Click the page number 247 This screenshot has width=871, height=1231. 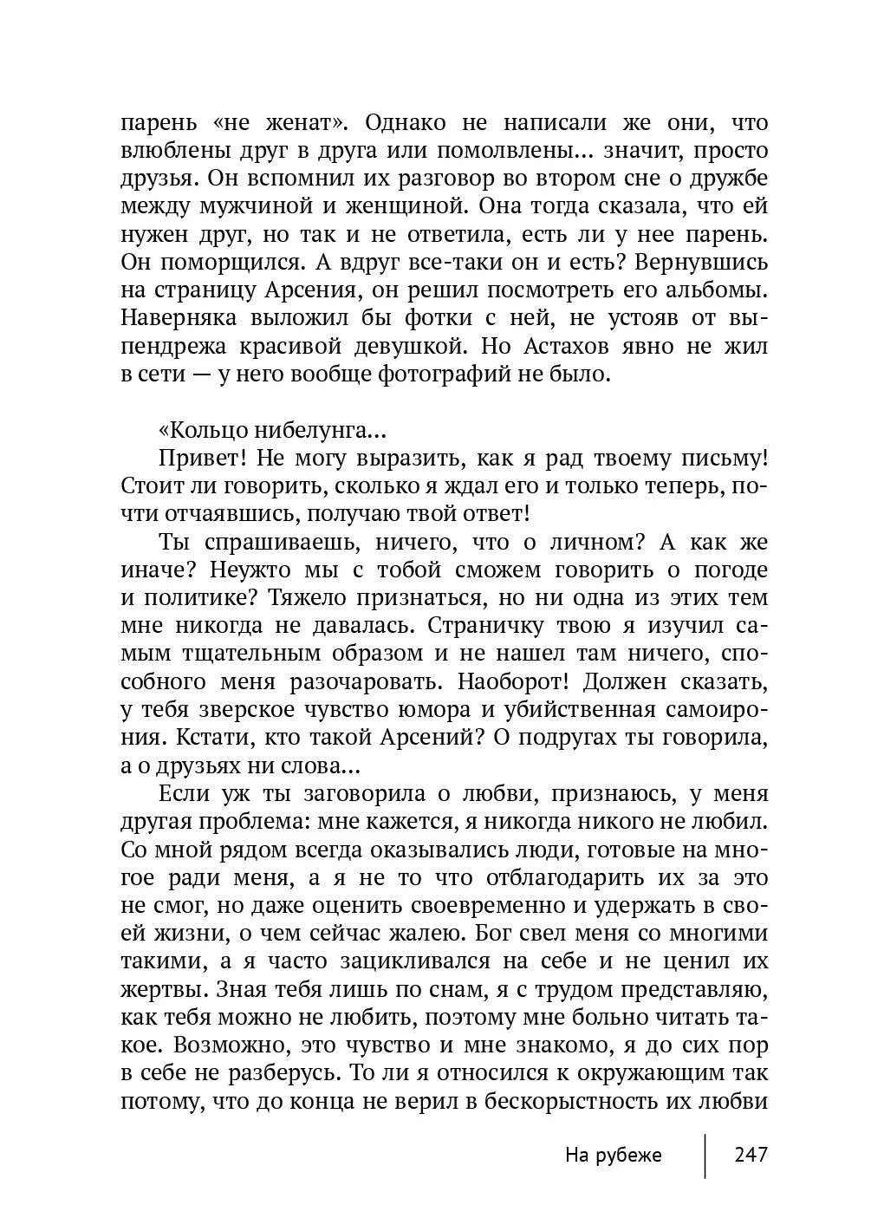pos(751,1155)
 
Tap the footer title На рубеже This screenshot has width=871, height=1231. pos(613,1155)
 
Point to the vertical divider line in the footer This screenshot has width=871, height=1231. pos(705,1155)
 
